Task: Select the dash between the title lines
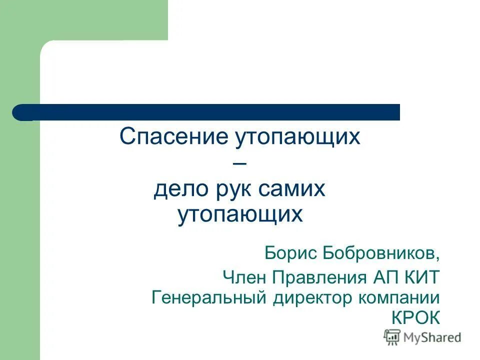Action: (240, 163)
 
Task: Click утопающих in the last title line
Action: (240, 215)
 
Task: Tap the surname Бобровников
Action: (383, 253)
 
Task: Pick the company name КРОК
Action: (414, 318)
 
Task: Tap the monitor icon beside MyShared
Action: (392, 337)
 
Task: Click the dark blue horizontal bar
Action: (210, 112)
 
